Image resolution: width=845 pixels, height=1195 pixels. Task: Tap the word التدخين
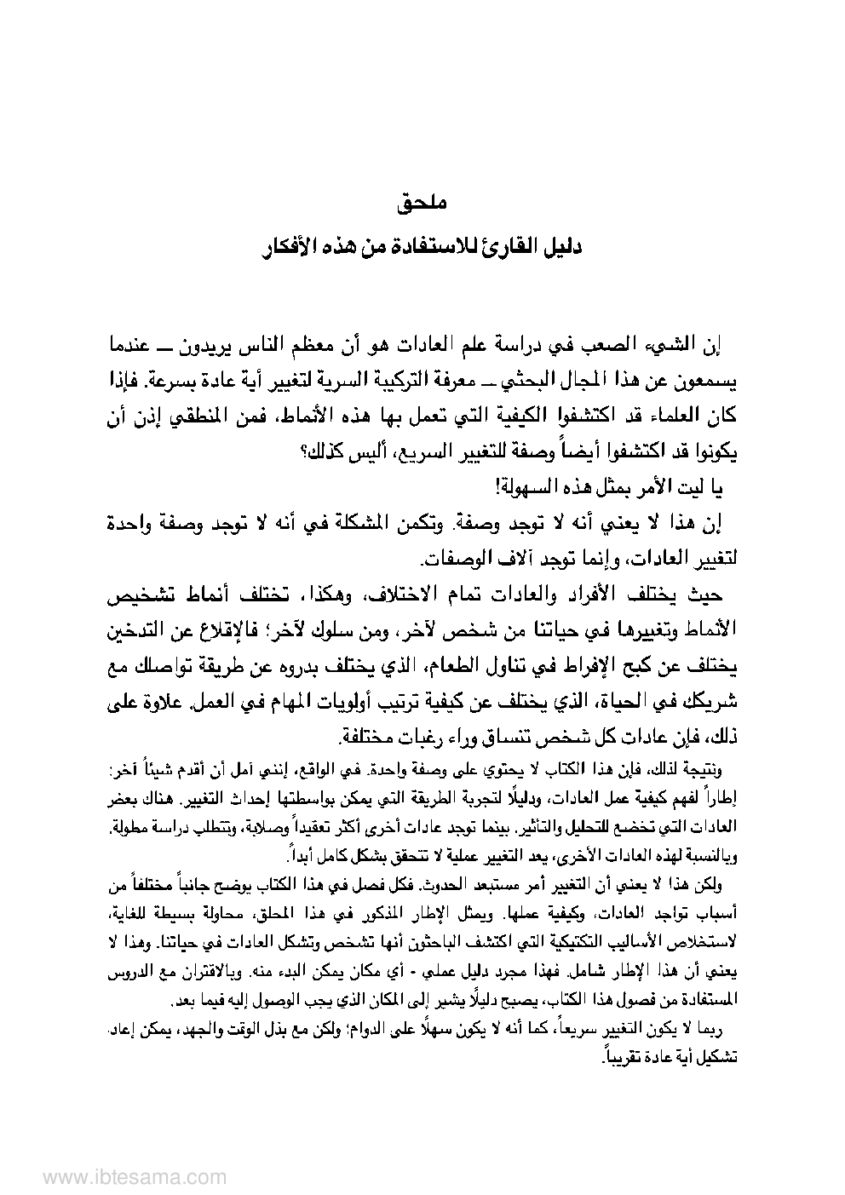pos(135,632)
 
